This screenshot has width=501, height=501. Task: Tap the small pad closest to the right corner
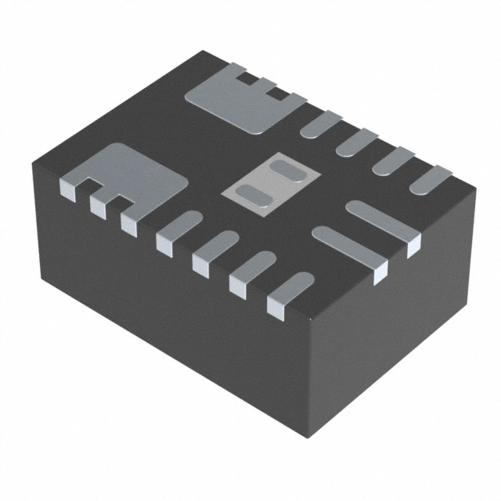430,179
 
